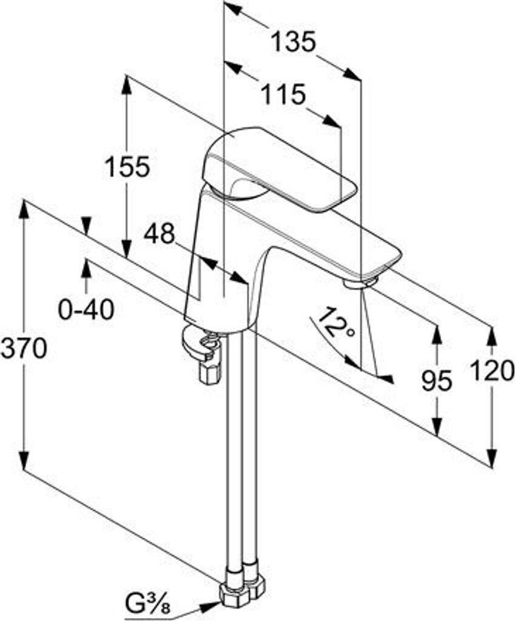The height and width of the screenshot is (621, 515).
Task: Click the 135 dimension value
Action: (293, 42)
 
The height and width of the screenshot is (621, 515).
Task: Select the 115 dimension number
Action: (283, 95)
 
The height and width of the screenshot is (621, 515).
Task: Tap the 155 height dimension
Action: (126, 167)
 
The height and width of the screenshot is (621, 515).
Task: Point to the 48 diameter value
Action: (159, 233)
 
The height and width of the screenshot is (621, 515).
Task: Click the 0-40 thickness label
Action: (86, 310)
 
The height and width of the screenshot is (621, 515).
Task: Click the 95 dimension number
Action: (437, 381)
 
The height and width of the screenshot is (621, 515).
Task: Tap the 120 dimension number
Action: (493, 370)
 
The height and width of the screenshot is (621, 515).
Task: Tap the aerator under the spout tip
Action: (360, 282)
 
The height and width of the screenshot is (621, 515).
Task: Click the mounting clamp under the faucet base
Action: (203, 352)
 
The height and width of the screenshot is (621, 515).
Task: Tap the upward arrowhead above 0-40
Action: (86, 267)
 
